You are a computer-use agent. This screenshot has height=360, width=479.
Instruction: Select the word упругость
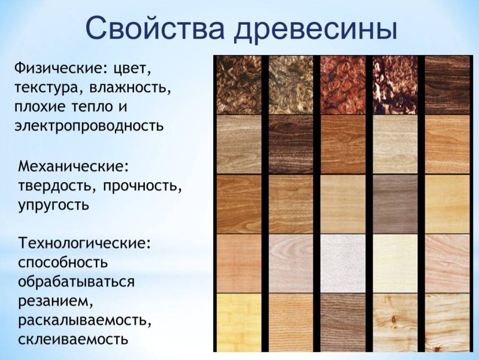point(54,205)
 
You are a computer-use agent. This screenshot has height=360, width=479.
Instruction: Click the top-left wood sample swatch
point(239,84)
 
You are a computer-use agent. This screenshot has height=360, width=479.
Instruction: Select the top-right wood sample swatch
point(447,84)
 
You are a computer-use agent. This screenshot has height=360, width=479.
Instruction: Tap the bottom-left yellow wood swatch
point(239,322)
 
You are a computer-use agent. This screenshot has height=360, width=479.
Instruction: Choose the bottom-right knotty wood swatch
point(447,322)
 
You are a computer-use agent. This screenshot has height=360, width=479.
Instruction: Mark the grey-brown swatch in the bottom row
point(343,322)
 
